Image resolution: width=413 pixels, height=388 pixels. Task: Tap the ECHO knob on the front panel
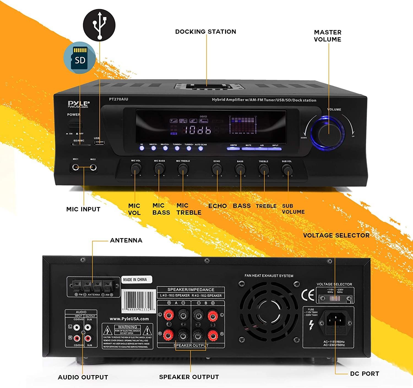(x=217, y=169)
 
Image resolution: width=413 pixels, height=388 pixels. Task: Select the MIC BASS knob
(x=159, y=168)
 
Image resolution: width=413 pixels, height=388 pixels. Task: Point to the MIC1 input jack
(x=76, y=167)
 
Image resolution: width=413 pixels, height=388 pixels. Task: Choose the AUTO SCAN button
(x=200, y=149)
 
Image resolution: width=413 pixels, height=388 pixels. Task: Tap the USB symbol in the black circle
(x=99, y=25)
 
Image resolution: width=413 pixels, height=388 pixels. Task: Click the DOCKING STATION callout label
(x=206, y=32)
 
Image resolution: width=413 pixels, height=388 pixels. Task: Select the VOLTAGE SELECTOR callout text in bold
(x=336, y=235)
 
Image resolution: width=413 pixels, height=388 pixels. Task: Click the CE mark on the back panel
(x=308, y=295)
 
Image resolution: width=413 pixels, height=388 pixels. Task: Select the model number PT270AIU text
(x=118, y=99)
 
